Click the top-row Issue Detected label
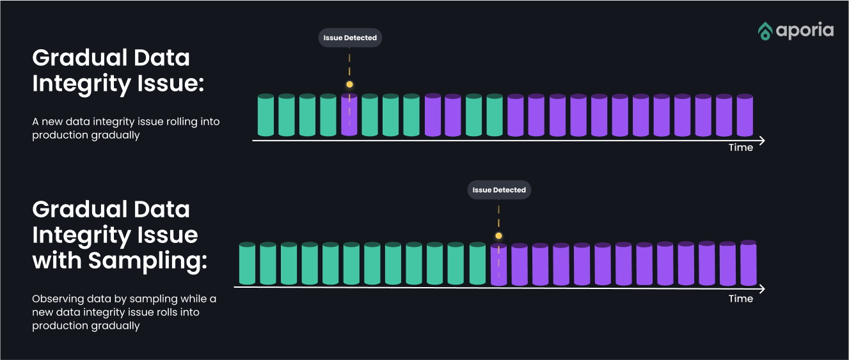coord(350,38)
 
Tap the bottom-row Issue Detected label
coord(499,190)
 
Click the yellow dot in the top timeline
coord(349,84)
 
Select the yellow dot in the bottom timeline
coord(498,236)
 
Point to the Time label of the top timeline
coord(741,148)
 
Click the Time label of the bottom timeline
coord(741,299)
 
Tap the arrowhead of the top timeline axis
coord(761,139)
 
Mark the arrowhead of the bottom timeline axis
coord(761,289)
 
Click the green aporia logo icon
coord(765,31)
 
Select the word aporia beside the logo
coord(805,31)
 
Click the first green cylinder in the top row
coord(266,116)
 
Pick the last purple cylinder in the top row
coord(745,116)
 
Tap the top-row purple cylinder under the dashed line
coord(349,116)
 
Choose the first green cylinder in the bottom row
coord(247,263)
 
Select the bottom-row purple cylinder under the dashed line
coord(498,265)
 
